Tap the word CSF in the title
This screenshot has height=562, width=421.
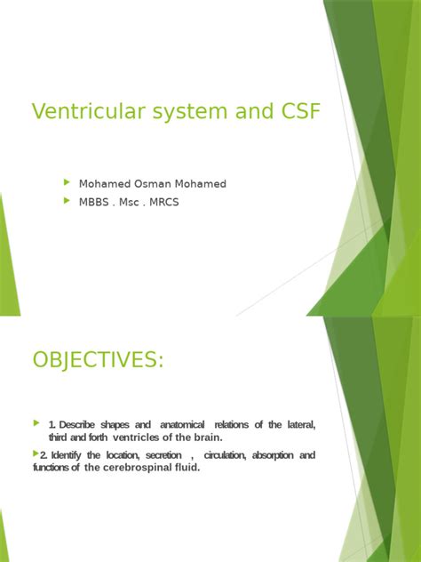point(296,112)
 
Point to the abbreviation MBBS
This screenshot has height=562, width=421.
point(97,202)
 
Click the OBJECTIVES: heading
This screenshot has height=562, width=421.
point(97,361)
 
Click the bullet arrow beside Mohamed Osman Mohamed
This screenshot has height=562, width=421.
point(67,182)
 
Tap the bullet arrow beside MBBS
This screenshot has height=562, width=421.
point(67,201)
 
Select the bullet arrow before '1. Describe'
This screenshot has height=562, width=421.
point(36,422)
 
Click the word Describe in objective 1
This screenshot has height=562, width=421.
point(89,425)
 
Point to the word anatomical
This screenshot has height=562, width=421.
point(183,425)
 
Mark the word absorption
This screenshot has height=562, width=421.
point(274,455)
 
